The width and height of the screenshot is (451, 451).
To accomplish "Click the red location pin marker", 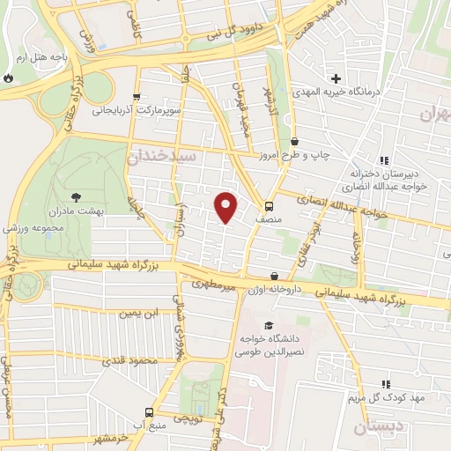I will click(x=225, y=207).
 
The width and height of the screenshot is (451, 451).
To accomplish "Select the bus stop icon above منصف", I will click(x=269, y=197).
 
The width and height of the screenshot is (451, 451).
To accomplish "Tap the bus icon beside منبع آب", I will click(x=149, y=412).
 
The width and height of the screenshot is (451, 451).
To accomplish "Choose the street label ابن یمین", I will click(x=144, y=312).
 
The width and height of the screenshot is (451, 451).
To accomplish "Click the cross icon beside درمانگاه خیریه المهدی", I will click(x=335, y=78).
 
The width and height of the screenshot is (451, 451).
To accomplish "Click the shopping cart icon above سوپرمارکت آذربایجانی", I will click(x=136, y=98).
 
